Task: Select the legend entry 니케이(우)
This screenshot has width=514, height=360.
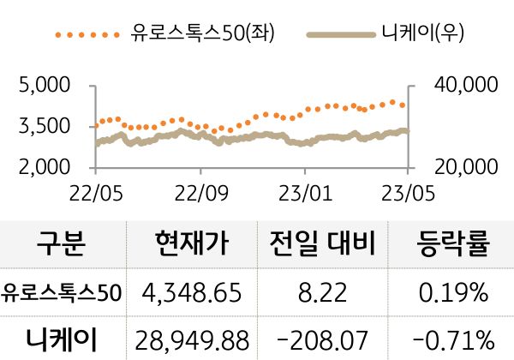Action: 419,34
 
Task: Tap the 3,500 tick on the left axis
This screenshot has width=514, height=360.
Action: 45,126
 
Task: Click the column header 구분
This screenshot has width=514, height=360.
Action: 62,246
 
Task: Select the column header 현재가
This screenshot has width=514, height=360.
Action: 192,246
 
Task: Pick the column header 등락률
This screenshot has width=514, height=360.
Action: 453,246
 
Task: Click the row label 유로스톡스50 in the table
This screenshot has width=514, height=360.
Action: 62,293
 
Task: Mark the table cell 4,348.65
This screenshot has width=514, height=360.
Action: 192,293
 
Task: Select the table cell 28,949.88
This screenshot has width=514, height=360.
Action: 192,339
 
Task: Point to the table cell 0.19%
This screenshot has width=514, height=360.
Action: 453,293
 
